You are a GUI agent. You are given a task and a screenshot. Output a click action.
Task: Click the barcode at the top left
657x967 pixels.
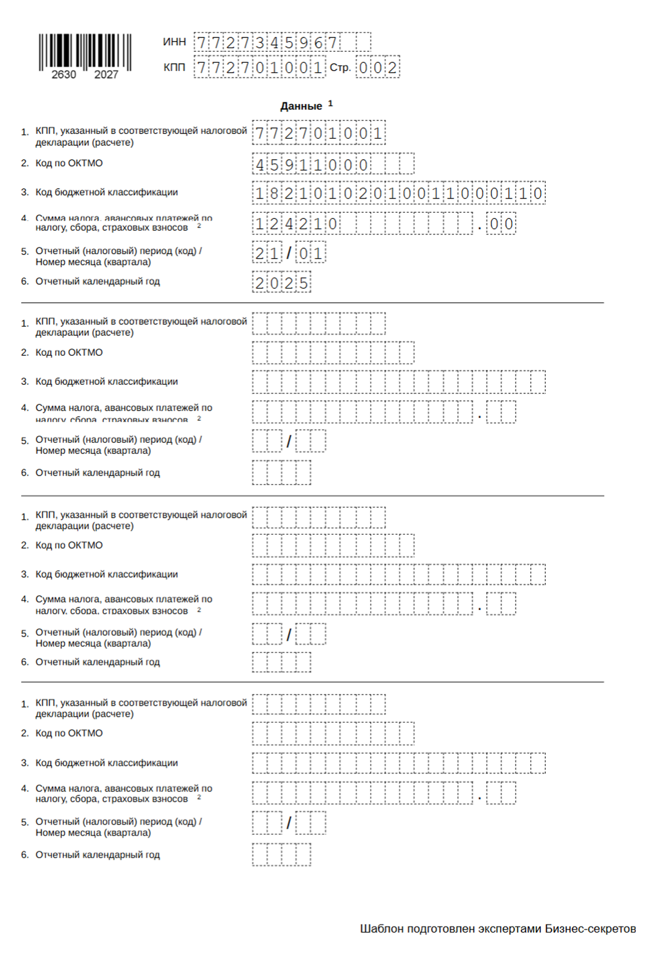[x=85, y=51]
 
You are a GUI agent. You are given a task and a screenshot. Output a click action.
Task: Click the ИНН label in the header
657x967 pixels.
[x=174, y=42]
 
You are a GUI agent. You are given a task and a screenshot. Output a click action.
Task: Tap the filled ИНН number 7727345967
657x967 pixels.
[x=267, y=43]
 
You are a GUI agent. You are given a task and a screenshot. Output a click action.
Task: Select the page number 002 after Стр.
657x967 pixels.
[x=377, y=68]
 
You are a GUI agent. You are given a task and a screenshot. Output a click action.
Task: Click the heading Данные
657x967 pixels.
[x=301, y=106]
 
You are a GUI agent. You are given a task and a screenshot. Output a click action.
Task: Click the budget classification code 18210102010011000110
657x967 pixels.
[x=399, y=193]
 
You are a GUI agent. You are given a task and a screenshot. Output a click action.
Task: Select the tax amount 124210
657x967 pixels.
[x=296, y=224]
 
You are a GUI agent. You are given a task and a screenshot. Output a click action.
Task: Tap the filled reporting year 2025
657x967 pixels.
[x=281, y=283]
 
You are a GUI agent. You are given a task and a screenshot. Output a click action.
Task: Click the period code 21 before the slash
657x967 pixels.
[x=267, y=253]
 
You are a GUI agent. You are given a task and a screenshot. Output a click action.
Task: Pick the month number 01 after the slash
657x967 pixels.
[x=311, y=253]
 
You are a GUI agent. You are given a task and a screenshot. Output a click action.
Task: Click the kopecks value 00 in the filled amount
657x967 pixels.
[x=501, y=224]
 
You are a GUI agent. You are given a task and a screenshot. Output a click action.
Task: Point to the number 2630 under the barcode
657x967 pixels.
[x=64, y=74]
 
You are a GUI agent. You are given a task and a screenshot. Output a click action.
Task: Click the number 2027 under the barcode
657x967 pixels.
[x=106, y=74]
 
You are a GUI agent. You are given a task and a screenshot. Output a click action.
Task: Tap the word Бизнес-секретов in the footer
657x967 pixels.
[x=590, y=929]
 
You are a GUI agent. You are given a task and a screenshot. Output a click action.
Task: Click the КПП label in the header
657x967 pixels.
[x=174, y=68]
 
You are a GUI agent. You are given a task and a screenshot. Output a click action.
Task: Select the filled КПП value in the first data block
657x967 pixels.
[x=318, y=133]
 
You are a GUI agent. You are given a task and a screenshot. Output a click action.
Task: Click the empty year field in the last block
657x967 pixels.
[x=281, y=854]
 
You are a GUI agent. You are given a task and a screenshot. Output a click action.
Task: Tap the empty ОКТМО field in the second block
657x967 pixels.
[x=333, y=352]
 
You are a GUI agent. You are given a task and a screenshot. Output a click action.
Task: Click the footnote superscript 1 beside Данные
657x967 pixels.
[x=330, y=103]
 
